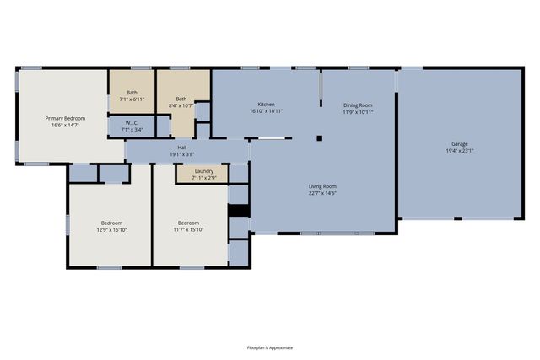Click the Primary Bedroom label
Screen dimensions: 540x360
click(x=65, y=118)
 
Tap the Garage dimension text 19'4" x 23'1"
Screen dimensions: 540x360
click(x=460, y=151)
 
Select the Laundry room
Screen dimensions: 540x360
click(x=202, y=175)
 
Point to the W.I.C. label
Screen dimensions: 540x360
click(x=132, y=123)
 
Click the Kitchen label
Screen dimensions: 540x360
click(x=267, y=105)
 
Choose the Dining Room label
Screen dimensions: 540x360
click(x=358, y=105)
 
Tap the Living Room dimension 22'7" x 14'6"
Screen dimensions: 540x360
click(x=322, y=193)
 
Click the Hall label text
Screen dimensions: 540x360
click(x=182, y=148)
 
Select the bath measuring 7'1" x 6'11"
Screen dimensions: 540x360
click(x=132, y=92)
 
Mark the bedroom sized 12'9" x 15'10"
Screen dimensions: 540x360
click(x=111, y=224)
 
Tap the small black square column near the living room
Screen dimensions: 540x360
click(x=319, y=138)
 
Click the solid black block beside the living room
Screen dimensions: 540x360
click(x=239, y=211)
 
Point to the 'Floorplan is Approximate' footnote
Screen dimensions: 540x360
click(x=270, y=347)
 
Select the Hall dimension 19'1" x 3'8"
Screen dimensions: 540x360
click(x=182, y=154)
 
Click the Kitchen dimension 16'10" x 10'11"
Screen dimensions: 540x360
click(x=267, y=111)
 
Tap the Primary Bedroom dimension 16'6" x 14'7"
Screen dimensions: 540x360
click(x=65, y=126)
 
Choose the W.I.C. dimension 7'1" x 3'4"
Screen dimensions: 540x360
click(x=132, y=130)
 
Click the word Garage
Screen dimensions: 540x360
click(x=460, y=144)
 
